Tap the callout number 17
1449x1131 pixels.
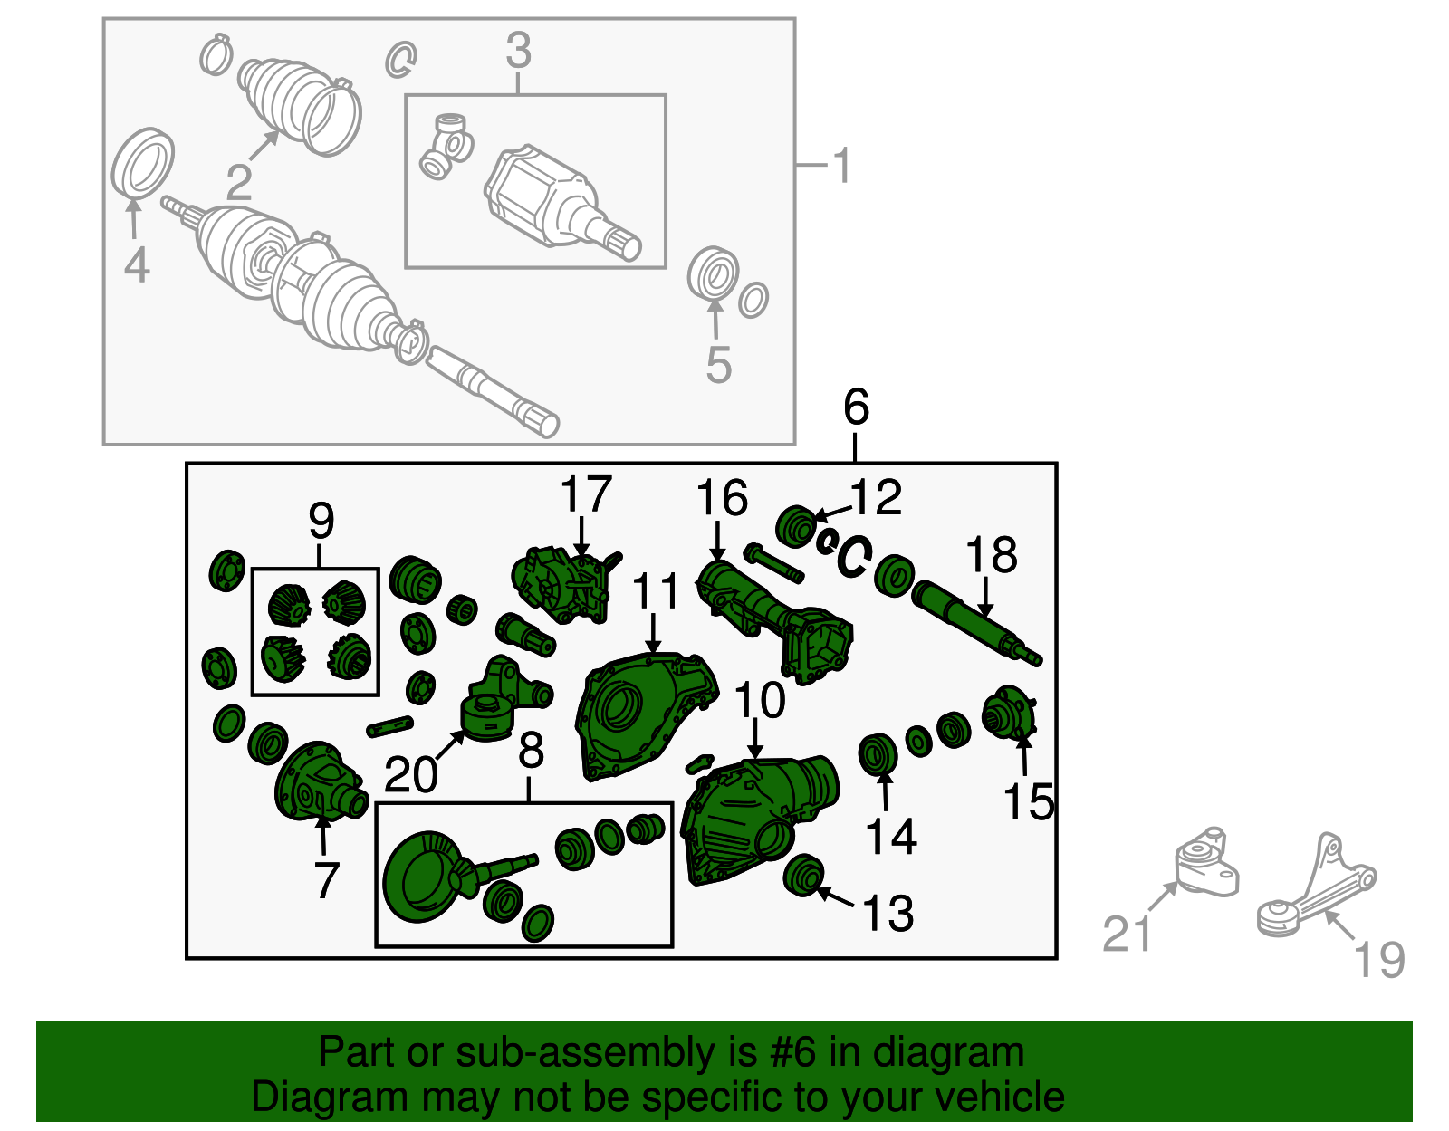click(x=585, y=494)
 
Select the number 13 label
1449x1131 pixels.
click(x=888, y=913)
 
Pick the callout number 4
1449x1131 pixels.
click(x=137, y=265)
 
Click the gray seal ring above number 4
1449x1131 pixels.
click(x=142, y=163)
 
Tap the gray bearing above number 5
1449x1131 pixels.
click(x=713, y=273)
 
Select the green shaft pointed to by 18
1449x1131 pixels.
click(x=976, y=622)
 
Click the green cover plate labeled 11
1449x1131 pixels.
click(x=646, y=716)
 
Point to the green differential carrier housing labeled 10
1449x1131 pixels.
click(x=759, y=819)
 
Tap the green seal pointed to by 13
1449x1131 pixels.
click(x=803, y=875)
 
